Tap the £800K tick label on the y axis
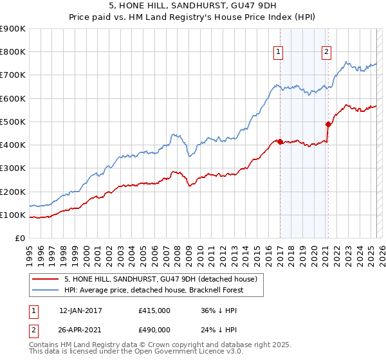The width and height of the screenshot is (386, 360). [x=13, y=52]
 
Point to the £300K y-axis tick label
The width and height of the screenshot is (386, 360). [x=13, y=168]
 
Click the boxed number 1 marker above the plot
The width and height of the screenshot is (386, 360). [x=279, y=53]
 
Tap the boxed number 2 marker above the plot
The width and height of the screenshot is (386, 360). [x=327, y=53]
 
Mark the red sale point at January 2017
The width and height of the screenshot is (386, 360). [x=280, y=141]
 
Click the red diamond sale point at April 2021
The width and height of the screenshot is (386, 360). [x=328, y=124]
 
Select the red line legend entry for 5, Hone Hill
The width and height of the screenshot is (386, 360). [x=161, y=279]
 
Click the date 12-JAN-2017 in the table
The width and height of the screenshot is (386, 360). [x=80, y=310]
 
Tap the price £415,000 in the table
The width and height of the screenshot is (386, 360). [x=154, y=310]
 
